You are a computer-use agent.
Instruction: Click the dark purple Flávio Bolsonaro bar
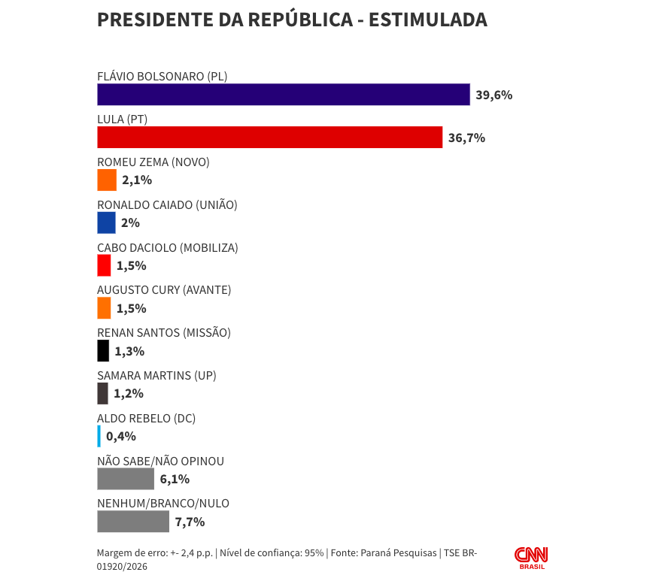tap(283, 95)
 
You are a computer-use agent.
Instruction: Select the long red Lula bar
tap(269, 138)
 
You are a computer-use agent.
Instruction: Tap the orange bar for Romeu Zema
tap(107, 180)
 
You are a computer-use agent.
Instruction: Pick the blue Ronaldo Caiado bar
tap(106, 222)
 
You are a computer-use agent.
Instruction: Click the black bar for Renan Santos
tap(103, 351)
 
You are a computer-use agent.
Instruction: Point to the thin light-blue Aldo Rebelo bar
tap(99, 436)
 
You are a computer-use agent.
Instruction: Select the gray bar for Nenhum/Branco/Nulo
tap(133, 522)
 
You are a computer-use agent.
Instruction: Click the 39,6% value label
tap(493, 95)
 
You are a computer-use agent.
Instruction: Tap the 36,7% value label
tap(466, 138)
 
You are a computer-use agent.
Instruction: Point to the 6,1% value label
tap(175, 479)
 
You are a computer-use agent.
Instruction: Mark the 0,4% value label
tap(121, 436)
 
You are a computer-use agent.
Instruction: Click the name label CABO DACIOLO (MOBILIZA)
tap(167, 247)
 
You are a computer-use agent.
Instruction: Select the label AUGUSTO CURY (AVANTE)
tap(164, 290)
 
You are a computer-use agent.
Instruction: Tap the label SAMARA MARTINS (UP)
tap(156, 375)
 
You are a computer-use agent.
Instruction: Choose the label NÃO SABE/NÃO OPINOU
tap(160, 461)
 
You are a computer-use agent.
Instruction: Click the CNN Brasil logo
tap(531, 557)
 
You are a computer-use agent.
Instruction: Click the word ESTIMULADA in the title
tap(427, 20)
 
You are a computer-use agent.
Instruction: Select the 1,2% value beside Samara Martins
tap(128, 393)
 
